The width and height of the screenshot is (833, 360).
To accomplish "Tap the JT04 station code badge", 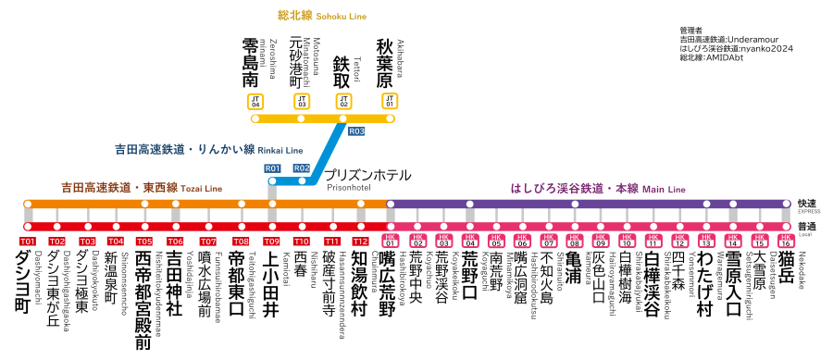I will [255, 102].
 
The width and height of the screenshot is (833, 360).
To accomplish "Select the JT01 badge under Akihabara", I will [389, 102].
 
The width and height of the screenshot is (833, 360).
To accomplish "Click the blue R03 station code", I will [356, 131].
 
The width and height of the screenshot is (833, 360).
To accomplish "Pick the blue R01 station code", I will [272, 168].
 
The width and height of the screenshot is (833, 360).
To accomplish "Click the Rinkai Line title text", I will [208, 149].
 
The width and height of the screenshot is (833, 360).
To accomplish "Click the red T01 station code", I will [28, 242].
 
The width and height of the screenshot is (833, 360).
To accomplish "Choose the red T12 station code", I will [361, 242].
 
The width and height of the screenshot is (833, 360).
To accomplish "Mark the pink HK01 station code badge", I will [390, 242].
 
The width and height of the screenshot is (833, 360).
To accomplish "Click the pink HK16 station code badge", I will [786, 242].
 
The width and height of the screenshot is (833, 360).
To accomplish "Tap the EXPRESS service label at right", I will [808, 205].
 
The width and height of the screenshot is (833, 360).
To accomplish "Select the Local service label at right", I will [808, 229].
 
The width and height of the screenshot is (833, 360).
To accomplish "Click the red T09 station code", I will [271, 242].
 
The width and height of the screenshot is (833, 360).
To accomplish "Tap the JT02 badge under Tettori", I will [343, 102].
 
